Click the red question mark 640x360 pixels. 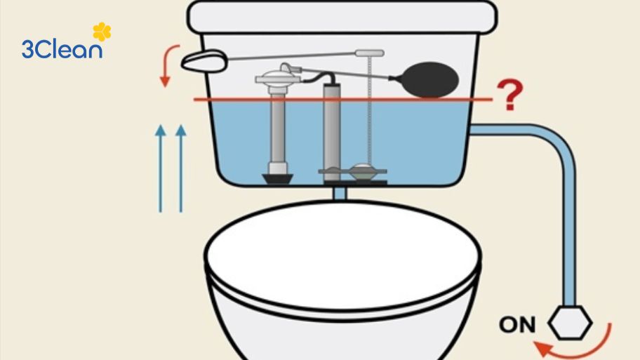(510, 95)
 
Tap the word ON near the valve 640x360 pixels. (517, 325)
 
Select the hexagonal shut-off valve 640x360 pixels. (570, 324)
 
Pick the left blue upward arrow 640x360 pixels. (161, 168)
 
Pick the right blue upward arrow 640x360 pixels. (181, 168)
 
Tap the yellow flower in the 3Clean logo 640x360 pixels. (102, 32)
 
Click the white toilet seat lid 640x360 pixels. (342, 260)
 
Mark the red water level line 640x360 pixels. (337, 100)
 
